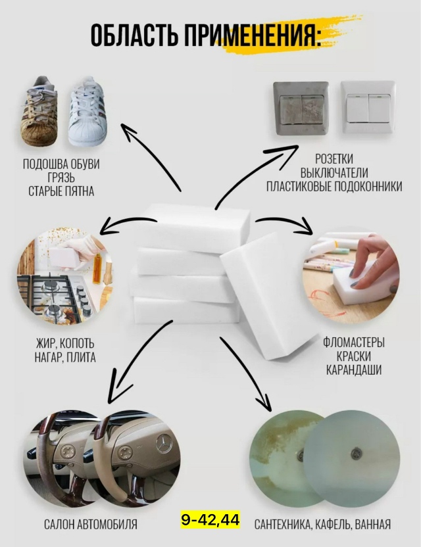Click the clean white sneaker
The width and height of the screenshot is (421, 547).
pyautogui.click(x=86, y=112)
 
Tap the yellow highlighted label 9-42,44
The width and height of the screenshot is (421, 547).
pyautogui.click(x=210, y=521)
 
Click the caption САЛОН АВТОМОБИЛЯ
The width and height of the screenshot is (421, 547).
pyautogui.click(x=91, y=525)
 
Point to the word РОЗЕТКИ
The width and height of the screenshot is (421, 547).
pyautogui.click(x=334, y=159)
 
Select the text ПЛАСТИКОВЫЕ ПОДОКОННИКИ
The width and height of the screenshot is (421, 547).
pyautogui.click(x=334, y=187)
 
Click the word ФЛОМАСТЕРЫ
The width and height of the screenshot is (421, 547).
pyautogui.click(x=353, y=343)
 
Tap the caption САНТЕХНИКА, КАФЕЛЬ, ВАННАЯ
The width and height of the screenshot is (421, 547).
pyautogui.click(x=322, y=525)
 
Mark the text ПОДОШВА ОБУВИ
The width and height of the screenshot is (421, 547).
pyautogui.click(x=61, y=164)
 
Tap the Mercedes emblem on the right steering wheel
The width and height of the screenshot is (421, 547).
pyautogui.click(x=163, y=444)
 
